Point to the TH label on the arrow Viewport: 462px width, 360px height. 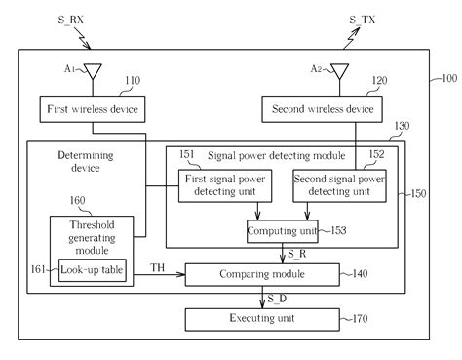(155, 267)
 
